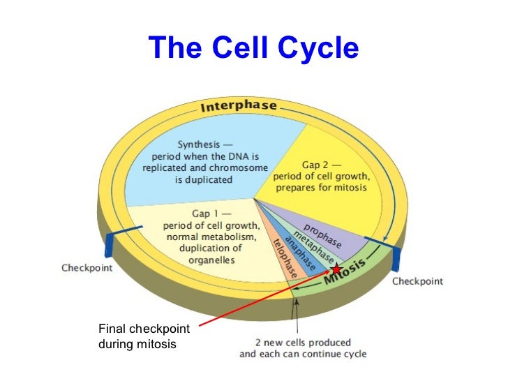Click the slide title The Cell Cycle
tap(253, 47)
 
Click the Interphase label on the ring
tap(239, 107)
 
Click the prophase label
tap(322, 236)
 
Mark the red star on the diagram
tap(336, 269)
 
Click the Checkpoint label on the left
tap(87, 267)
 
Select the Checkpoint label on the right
tap(417, 281)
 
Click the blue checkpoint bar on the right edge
tap(396, 258)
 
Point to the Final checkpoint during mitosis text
tap(143, 336)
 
